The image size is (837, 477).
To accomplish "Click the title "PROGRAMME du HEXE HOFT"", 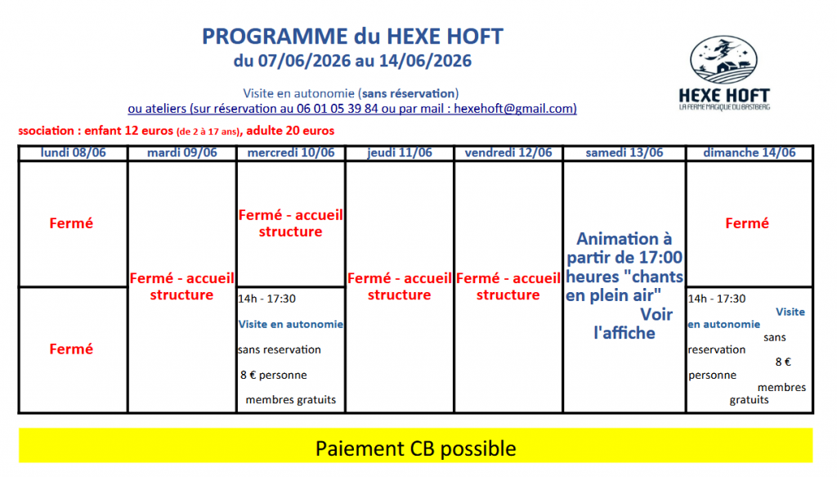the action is click(x=352, y=36).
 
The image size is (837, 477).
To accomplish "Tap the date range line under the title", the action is click(x=352, y=61).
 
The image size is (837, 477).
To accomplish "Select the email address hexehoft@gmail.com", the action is click(x=515, y=109).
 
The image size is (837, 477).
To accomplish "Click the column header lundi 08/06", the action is click(x=73, y=153).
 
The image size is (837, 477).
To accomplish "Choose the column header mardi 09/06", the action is click(x=182, y=153).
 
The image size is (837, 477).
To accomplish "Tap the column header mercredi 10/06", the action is click(x=291, y=153).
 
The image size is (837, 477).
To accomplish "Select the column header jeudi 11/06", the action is click(x=399, y=153).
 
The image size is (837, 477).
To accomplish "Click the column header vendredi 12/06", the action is click(x=508, y=153).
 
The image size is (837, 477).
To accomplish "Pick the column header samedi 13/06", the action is click(x=624, y=153).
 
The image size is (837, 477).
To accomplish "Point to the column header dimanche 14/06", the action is click(x=750, y=153).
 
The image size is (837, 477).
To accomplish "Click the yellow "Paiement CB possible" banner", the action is click(x=416, y=445).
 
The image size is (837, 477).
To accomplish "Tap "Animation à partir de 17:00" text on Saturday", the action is click(x=624, y=248).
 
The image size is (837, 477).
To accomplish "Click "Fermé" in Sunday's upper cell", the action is click(x=747, y=223).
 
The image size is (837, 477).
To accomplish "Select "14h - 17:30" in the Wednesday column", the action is click(x=267, y=299).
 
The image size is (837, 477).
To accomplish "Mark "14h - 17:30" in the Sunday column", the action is click(x=716, y=299).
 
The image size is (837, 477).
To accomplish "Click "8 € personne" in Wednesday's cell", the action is click(x=273, y=375).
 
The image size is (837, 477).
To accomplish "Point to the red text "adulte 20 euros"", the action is click(x=290, y=131).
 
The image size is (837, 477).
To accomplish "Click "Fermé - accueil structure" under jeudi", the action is click(x=399, y=286).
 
